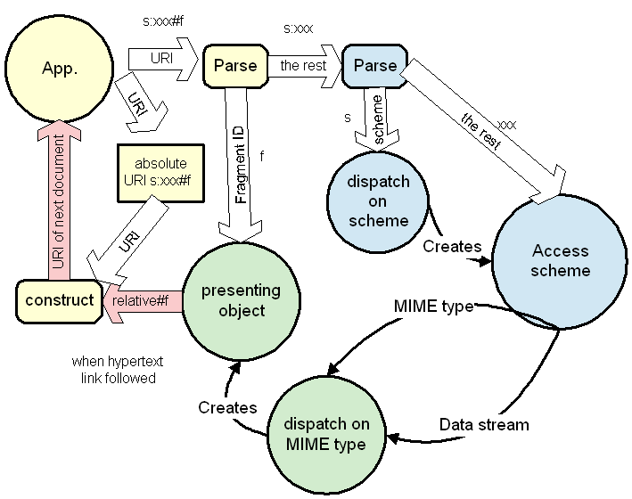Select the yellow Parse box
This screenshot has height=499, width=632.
(235, 65)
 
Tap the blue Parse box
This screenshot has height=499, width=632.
(374, 65)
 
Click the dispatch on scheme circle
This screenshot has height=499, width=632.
(377, 201)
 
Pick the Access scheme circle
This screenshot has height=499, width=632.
(561, 259)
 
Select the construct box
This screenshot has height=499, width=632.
(60, 300)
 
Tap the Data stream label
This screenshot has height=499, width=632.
(484, 424)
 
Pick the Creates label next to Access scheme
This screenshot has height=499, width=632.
(453, 246)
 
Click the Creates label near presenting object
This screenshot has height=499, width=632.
(227, 407)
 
